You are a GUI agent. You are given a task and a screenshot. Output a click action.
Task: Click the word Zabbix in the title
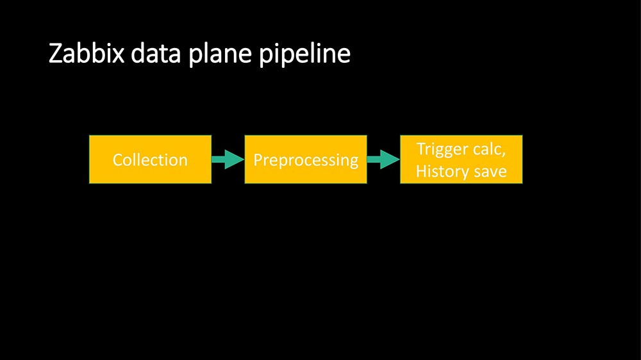[87, 53]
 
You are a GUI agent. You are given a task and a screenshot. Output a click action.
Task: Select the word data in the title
[156, 53]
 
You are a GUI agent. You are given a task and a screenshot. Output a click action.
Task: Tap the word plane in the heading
[220, 56]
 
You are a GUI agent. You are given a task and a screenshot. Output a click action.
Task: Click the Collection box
[151, 160]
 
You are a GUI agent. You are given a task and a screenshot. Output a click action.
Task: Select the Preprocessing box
[306, 160]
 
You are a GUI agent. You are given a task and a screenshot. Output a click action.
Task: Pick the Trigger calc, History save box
[461, 160]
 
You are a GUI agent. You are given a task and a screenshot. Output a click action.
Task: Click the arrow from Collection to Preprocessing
[228, 160]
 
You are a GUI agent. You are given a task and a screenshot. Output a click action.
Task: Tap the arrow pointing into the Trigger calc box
[383, 160]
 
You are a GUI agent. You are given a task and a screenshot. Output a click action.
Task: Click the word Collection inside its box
[150, 160]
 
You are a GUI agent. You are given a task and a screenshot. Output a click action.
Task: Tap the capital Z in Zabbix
[55, 54]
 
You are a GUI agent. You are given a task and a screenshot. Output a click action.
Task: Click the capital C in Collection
[118, 160]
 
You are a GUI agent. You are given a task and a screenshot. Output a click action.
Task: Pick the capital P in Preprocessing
[258, 160]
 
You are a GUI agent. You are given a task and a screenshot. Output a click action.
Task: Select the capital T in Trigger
[421, 149]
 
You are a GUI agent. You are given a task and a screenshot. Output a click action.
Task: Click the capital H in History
[422, 171]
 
